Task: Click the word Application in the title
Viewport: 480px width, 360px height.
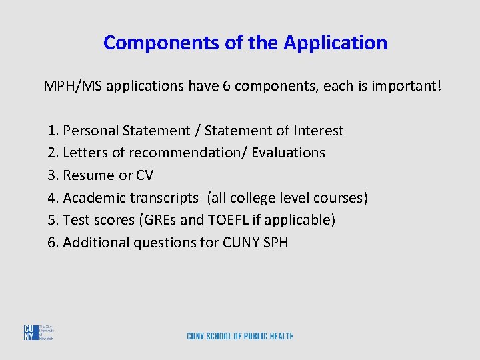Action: point(335,43)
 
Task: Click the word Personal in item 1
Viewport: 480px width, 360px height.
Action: point(90,131)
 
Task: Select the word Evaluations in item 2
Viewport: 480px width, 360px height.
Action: point(288,153)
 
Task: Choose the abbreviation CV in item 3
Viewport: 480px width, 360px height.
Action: point(144,175)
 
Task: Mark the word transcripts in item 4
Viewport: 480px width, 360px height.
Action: point(165,198)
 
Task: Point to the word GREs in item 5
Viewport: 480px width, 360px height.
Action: point(158,220)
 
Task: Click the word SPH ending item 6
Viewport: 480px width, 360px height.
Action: point(275,243)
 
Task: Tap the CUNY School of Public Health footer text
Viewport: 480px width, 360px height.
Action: point(240,336)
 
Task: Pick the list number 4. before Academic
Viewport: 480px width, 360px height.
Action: point(53,198)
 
